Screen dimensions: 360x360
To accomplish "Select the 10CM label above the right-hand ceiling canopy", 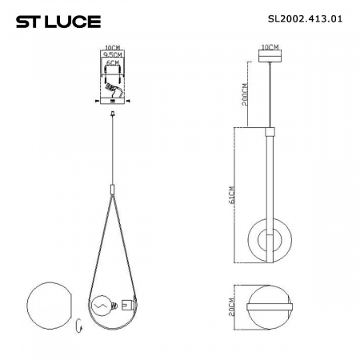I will point(270,49).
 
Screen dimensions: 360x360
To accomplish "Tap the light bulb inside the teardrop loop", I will point(102,305).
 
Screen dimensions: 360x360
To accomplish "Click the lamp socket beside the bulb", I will point(126,305).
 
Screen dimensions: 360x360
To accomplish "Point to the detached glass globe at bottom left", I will point(49,304).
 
